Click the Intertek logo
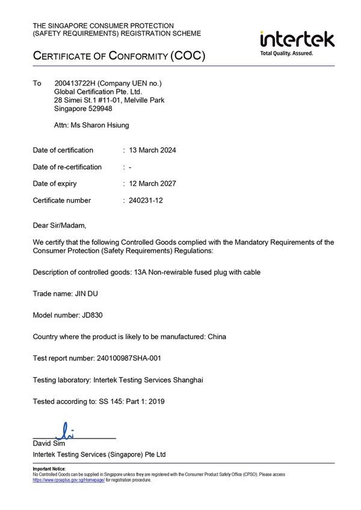[x=297, y=39]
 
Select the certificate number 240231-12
[x=146, y=200]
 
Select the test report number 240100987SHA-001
[x=129, y=358]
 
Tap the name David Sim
[x=48, y=444]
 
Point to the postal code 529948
[x=99, y=109]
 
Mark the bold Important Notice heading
[x=49, y=469]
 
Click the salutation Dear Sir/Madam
[x=60, y=226]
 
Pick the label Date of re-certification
[x=67, y=167]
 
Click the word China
[x=217, y=337]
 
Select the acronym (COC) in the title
[x=188, y=57]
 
